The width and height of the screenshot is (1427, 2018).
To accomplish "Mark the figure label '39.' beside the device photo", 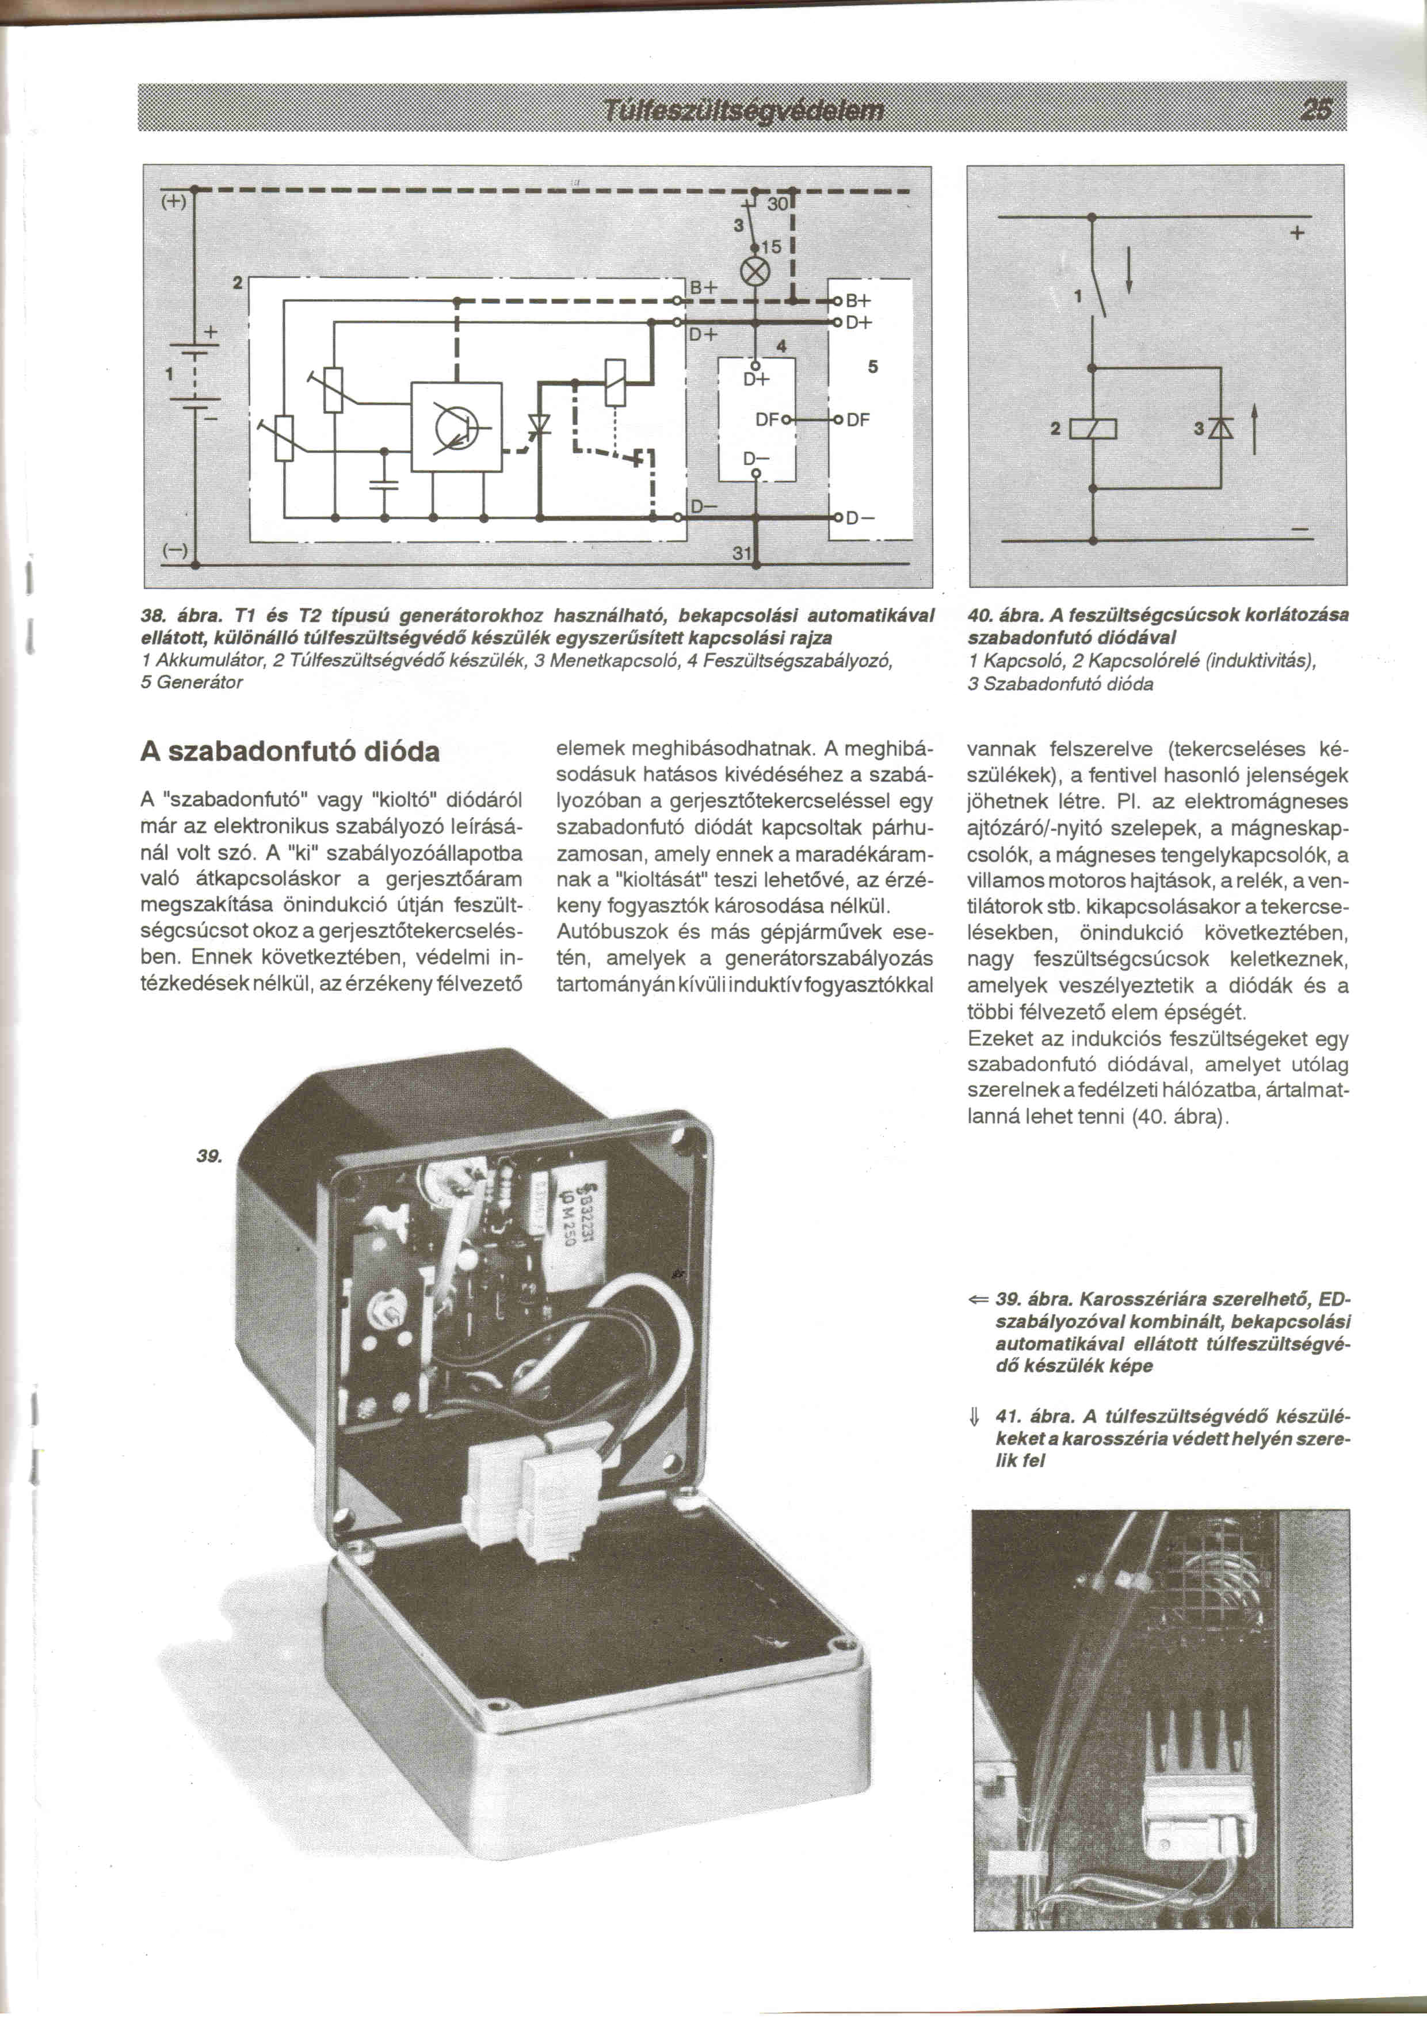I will (209, 1157).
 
